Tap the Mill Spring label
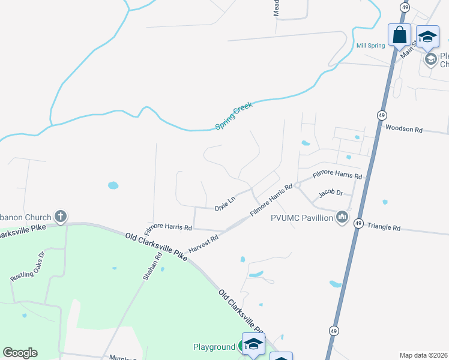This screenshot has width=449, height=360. pos(370,46)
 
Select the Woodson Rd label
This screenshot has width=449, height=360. pos(404,128)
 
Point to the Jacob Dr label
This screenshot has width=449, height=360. pos(330,193)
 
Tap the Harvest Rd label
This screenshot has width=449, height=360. pos(203,243)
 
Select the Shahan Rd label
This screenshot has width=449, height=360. pos(154,264)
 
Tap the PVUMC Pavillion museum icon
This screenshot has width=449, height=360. pos(342,216)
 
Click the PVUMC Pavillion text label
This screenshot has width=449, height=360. pos(302,218)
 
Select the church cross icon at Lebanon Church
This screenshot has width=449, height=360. pos(60,216)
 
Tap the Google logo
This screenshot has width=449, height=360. pos(20,353)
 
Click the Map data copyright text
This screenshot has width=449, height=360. pos(423,355)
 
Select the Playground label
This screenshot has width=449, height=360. pos(214,347)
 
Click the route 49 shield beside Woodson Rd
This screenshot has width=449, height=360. pos(382,115)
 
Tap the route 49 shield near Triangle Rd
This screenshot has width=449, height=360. pos(358,223)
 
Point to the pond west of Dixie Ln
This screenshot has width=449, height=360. pos(113,185)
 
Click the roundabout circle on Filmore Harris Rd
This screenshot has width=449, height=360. pos(296,185)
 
